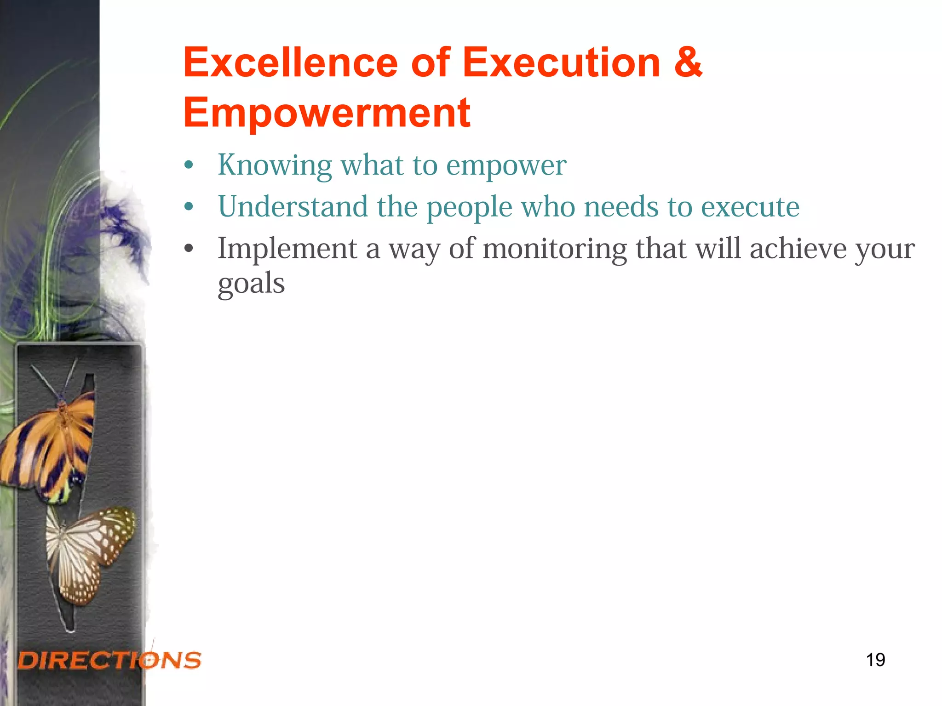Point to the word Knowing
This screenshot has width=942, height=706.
pos(275,165)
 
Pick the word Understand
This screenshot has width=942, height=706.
pos(293,206)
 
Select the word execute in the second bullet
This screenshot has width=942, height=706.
pos(750,207)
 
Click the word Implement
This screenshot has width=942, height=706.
pos(287,250)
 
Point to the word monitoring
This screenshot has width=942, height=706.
pos(555,250)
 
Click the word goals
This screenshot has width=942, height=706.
pos(251,284)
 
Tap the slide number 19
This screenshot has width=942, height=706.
pos(875,660)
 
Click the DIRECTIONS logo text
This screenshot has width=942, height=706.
pos(109,660)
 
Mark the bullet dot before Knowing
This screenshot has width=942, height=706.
pos(189,165)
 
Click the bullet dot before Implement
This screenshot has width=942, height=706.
pos(189,249)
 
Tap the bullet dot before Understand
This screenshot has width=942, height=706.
pos(189,207)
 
